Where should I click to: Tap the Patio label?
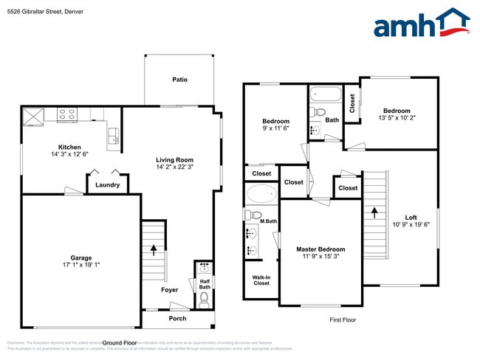(x=179, y=79)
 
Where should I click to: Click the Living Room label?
(x=174, y=160)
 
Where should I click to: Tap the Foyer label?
(x=170, y=290)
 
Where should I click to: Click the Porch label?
(x=178, y=319)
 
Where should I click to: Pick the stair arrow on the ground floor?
(x=154, y=249)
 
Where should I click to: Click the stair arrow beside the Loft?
(x=374, y=212)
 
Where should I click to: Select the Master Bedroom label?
(x=320, y=249)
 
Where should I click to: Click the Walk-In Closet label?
(x=261, y=280)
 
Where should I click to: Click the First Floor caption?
(x=343, y=319)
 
